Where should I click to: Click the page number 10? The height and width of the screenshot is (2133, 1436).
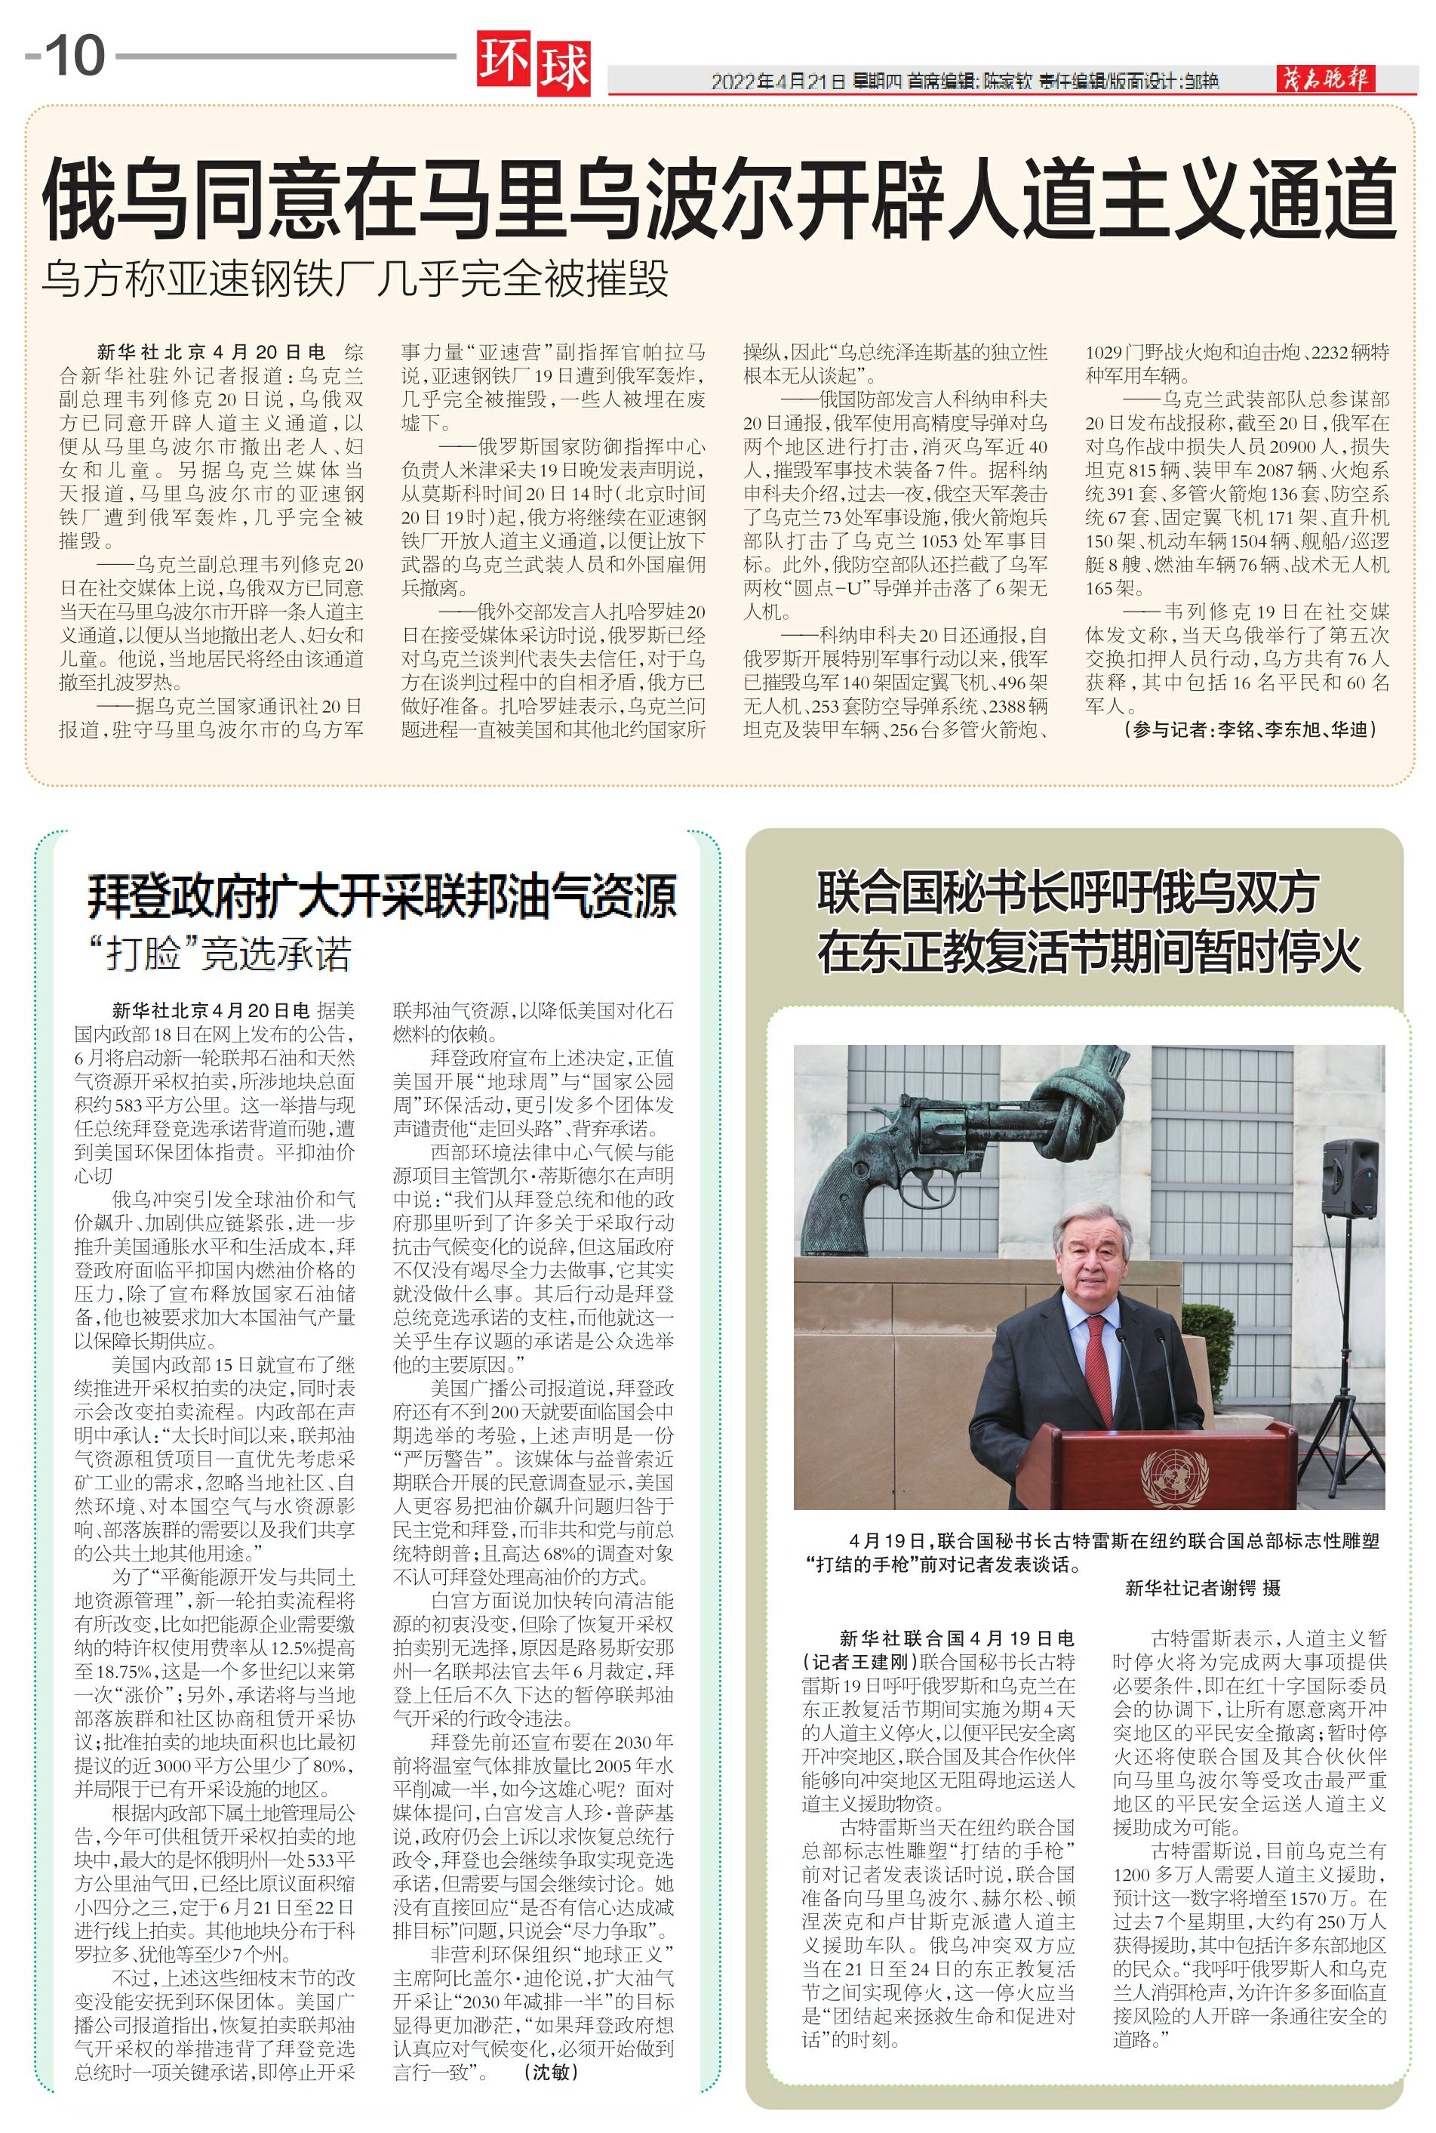click(x=75, y=56)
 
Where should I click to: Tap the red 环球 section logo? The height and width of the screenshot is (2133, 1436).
click(x=533, y=64)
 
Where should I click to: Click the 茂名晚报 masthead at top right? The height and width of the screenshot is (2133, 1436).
click(x=1325, y=80)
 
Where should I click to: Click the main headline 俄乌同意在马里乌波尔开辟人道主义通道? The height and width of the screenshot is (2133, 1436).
click(x=719, y=199)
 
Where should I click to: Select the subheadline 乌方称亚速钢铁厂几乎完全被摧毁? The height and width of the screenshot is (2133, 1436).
click(x=355, y=279)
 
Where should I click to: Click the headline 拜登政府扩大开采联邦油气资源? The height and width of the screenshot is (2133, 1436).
click(x=382, y=895)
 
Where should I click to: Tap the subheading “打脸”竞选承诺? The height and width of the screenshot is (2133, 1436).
click(x=220, y=954)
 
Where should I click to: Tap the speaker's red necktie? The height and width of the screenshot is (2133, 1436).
click(x=1097, y=1365)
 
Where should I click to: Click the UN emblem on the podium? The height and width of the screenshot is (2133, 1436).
click(x=1175, y=1478)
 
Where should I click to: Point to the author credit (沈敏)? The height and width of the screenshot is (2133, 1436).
click(x=550, y=2072)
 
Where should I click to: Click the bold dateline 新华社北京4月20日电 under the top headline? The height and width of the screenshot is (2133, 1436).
click(x=211, y=352)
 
